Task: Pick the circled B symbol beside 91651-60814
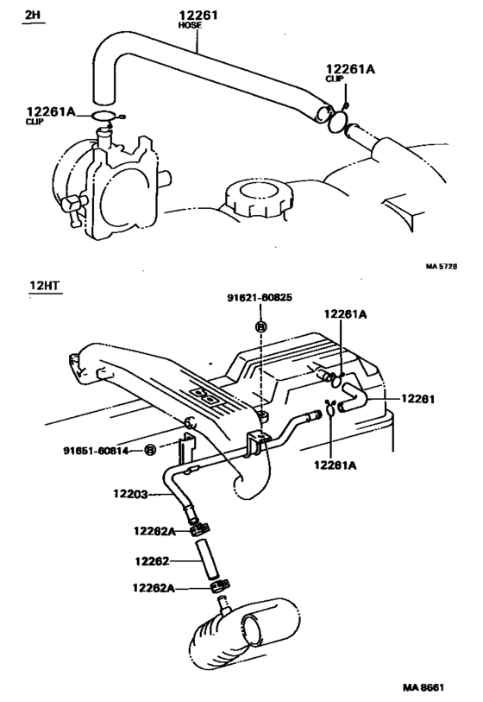(150, 450)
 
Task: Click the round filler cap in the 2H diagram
(254, 196)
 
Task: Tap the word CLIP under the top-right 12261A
(335, 79)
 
